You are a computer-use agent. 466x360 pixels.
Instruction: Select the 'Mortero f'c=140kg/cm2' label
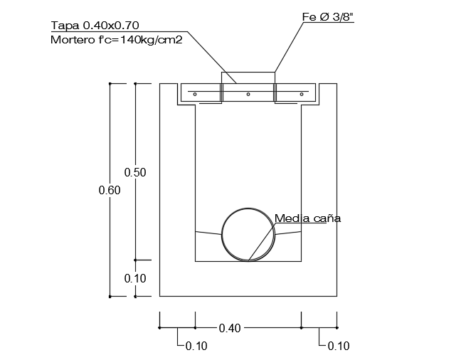(x=117, y=40)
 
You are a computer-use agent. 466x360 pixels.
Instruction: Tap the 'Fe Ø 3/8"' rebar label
(x=328, y=16)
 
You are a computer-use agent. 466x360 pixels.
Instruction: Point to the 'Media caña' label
(x=307, y=218)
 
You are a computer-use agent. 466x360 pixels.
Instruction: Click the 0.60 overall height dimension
(x=110, y=190)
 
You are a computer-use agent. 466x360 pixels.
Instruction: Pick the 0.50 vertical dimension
(x=135, y=172)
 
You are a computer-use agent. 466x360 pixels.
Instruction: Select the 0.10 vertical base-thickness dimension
(x=135, y=278)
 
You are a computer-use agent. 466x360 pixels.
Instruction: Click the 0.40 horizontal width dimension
(x=230, y=328)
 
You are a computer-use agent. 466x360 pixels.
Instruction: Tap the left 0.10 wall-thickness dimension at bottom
(x=196, y=346)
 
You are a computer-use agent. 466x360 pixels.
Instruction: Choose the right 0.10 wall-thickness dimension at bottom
(x=339, y=346)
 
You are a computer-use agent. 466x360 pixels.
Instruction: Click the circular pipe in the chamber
(x=248, y=235)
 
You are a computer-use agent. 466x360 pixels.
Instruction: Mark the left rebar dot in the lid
(x=195, y=94)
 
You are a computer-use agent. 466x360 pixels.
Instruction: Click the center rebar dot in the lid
(x=248, y=94)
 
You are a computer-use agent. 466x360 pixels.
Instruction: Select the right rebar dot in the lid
(x=302, y=94)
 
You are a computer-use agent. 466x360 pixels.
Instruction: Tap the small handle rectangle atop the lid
(x=248, y=78)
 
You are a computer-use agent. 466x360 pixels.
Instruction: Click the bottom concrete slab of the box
(x=248, y=279)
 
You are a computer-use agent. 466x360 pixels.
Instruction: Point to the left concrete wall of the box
(x=177, y=192)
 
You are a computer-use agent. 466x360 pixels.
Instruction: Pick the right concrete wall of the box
(x=319, y=192)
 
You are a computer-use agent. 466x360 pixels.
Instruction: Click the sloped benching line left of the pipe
(x=208, y=233)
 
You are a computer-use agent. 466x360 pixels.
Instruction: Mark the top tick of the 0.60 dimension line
(x=110, y=83)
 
